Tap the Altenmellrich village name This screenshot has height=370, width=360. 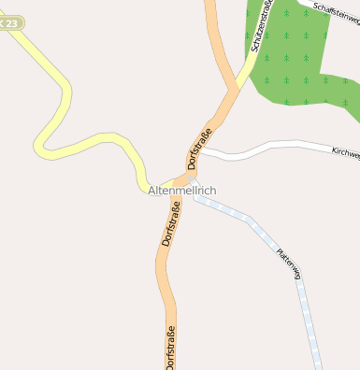click(x=182, y=191)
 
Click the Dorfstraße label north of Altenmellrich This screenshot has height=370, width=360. click(x=199, y=148)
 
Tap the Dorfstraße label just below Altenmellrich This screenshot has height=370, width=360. click(x=170, y=225)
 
